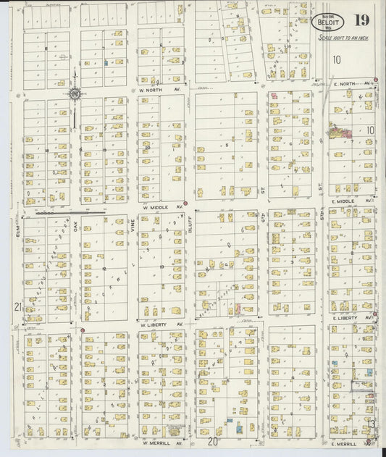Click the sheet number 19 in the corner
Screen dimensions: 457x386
tap(360, 21)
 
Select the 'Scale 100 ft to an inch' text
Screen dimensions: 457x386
tap(339, 35)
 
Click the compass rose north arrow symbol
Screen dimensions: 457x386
tap(75, 93)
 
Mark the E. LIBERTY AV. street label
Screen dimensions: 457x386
tap(353, 318)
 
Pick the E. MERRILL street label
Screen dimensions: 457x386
tap(344, 443)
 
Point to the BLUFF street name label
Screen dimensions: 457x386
tap(189, 229)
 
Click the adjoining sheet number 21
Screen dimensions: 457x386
tap(17, 307)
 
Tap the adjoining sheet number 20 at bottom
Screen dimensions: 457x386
tap(213, 440)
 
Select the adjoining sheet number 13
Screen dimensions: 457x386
tap(371, 424)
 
